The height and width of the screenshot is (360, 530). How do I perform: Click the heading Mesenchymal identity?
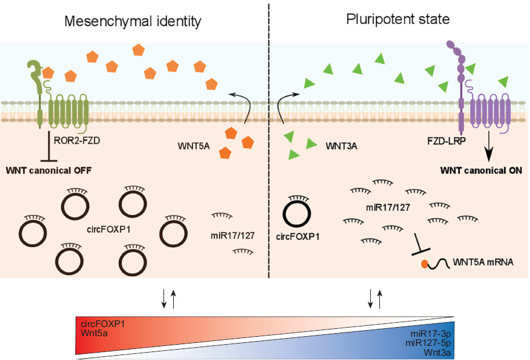click(134, 21)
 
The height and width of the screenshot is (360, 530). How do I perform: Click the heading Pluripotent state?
click(398, 20)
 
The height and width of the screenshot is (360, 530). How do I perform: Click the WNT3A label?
click(341, 146)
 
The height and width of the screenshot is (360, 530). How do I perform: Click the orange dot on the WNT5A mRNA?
click(424, 264)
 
